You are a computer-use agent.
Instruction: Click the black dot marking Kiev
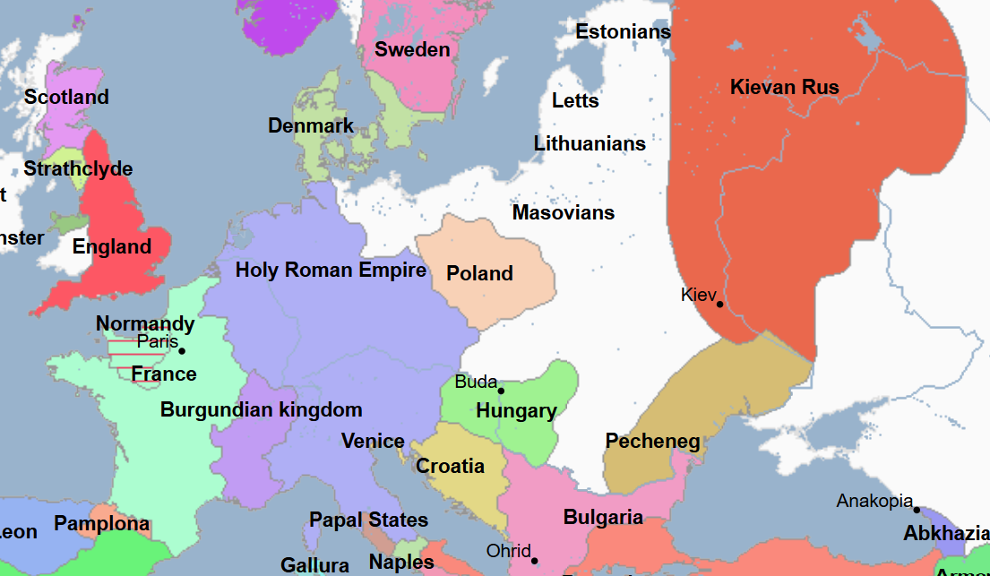(x=719, y=304)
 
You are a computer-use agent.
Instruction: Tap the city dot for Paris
(x=182, y=350)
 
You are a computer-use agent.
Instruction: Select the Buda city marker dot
(x=501, y=391)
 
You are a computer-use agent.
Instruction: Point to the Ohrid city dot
(x=535, y=561)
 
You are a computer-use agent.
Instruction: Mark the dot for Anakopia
(x=917, y=510)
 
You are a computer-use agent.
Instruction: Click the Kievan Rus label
(x=784, y=87)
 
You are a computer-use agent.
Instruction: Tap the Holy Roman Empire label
(x=331, y=270)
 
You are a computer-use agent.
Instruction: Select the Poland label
(x=479, y=273)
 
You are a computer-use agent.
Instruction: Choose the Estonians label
(x=623, y=31)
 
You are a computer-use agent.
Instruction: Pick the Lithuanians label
(x=590, y=143)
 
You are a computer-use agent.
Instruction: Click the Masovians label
(x=563, y=212)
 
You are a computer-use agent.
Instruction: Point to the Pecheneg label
(x=652, y=441)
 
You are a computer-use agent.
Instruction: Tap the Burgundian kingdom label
(x=261, y=409)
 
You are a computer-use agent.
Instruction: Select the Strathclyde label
(x=78, y=168)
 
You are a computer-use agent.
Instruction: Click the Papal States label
(x=368, y=520)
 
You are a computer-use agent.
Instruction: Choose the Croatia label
(x=450, y=466)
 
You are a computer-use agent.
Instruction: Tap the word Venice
(x=373, y=441)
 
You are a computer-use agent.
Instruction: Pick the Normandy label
(x=145, y=323)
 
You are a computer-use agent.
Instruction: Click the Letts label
(x=575, y=99)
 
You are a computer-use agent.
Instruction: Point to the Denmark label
(x=311, y=125)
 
